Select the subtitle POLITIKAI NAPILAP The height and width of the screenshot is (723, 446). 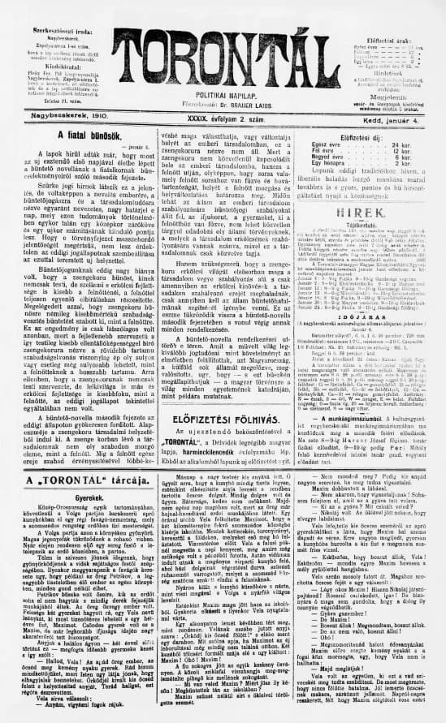pyautogui.click(x=224, y=95)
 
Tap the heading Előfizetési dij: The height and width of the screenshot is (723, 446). pyautogui.click(x=364, y=136)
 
